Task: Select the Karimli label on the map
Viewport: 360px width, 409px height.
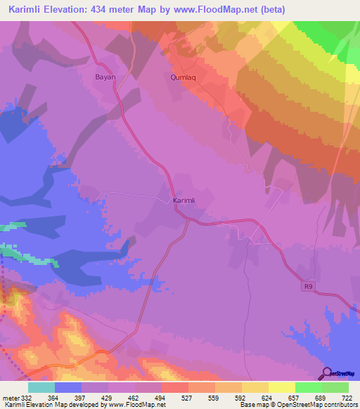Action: pyautogui.click(x=184, y=201)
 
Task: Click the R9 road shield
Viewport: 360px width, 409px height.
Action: pyautogui.click(x=308, y=286)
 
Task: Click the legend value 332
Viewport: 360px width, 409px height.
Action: pyautogui.click(x=24, y=398)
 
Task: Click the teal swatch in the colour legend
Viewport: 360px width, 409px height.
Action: pyautogui.click(x=41, y=387)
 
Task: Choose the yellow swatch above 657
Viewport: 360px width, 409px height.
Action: pyautogui.click(x=282, y=387)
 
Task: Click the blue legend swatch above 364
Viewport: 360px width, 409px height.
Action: pyautogui.click(x=67, y=387)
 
